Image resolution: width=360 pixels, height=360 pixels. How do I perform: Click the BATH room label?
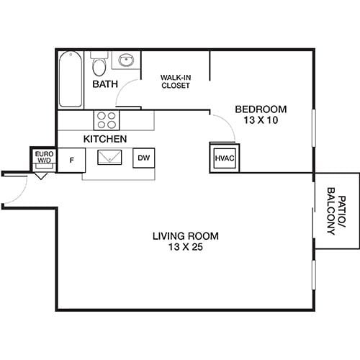tap(104, 85)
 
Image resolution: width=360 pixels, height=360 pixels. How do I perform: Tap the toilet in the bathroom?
tap(100, 67)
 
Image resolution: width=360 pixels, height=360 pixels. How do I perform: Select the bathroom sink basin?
tap(126, 61)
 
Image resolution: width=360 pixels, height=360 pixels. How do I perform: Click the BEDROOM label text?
tap(261, 109)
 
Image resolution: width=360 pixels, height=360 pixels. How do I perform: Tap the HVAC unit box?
tap(223, 158)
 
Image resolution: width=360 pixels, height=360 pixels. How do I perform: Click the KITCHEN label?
tap(105, 138)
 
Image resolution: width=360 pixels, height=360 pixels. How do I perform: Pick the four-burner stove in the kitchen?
tap(107, 118)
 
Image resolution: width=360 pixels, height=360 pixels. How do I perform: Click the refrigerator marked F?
tap(71, 158)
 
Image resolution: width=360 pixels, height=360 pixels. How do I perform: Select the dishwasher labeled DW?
tap(143, 158)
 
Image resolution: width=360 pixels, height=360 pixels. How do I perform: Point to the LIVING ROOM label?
tap(186, 236)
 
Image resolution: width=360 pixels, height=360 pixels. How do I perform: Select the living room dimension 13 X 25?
tap(186, 248)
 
